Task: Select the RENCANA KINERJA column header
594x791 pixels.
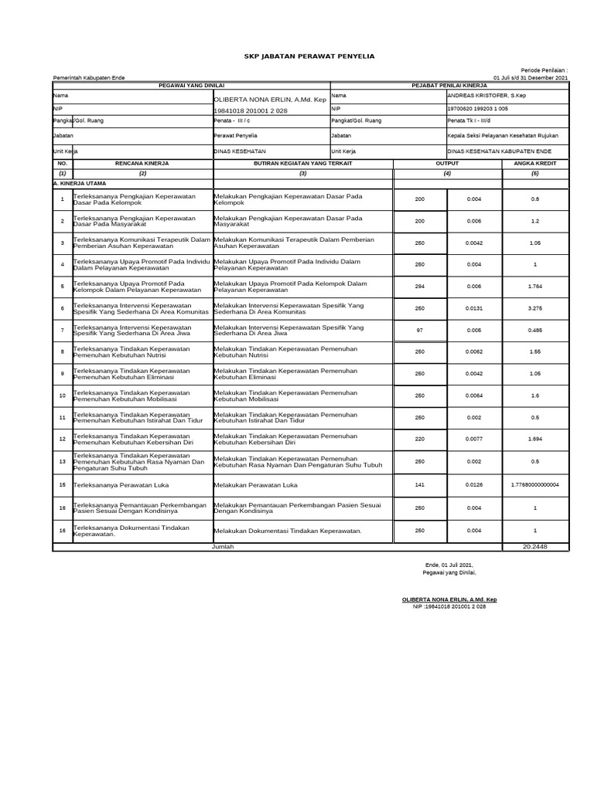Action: click(142, 165)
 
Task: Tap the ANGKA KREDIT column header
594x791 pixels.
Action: click(535, 165)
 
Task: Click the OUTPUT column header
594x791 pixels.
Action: click(447, 165)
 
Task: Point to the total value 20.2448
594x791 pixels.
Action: click(535, 547)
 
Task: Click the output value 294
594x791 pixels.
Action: click(420, 287)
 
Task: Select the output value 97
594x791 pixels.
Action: click(420, 331)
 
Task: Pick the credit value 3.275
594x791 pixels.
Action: click(535, 308)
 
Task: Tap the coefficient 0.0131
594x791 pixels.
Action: click(474, 308)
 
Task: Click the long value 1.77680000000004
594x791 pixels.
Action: click(535, 485)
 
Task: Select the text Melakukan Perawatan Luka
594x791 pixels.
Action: click(255, 486)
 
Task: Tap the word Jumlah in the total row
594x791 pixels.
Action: click(223, 547)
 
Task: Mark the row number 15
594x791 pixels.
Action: click(62, 486)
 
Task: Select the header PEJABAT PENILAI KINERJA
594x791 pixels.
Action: click(449, 86)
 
